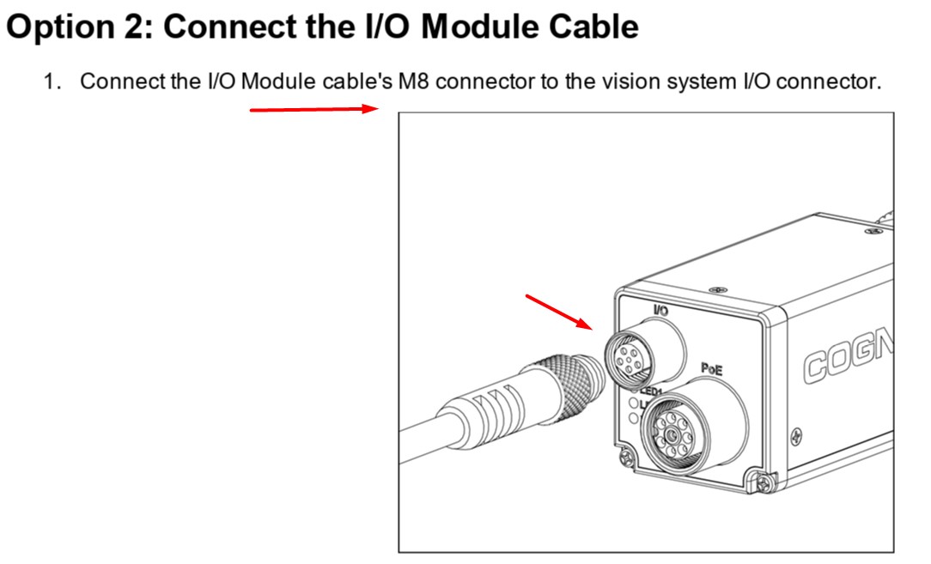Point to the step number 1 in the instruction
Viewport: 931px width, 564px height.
51,82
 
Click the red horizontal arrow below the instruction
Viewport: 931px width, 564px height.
314,109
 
